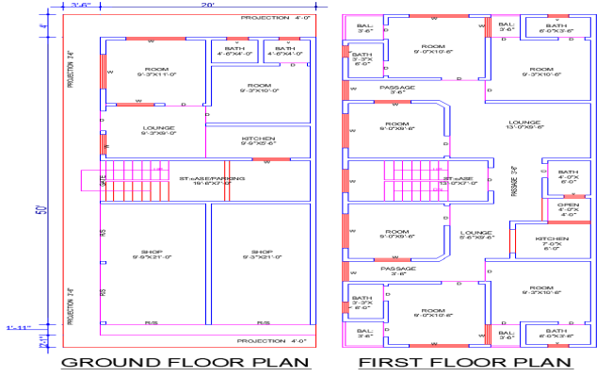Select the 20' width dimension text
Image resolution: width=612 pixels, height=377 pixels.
[207, 6]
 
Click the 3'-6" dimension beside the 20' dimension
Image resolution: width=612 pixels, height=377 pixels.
[80, 6]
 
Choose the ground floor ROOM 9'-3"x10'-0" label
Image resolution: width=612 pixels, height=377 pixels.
[260, 90]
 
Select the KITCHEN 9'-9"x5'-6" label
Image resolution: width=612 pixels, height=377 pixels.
[258, 141]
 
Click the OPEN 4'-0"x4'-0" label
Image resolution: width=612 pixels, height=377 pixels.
[568, 209]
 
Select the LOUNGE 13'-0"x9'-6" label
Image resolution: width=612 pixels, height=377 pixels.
[523, 125]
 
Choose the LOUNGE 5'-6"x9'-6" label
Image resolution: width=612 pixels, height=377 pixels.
[477, 236]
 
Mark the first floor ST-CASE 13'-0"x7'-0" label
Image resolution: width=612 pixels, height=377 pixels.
[459, 181]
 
